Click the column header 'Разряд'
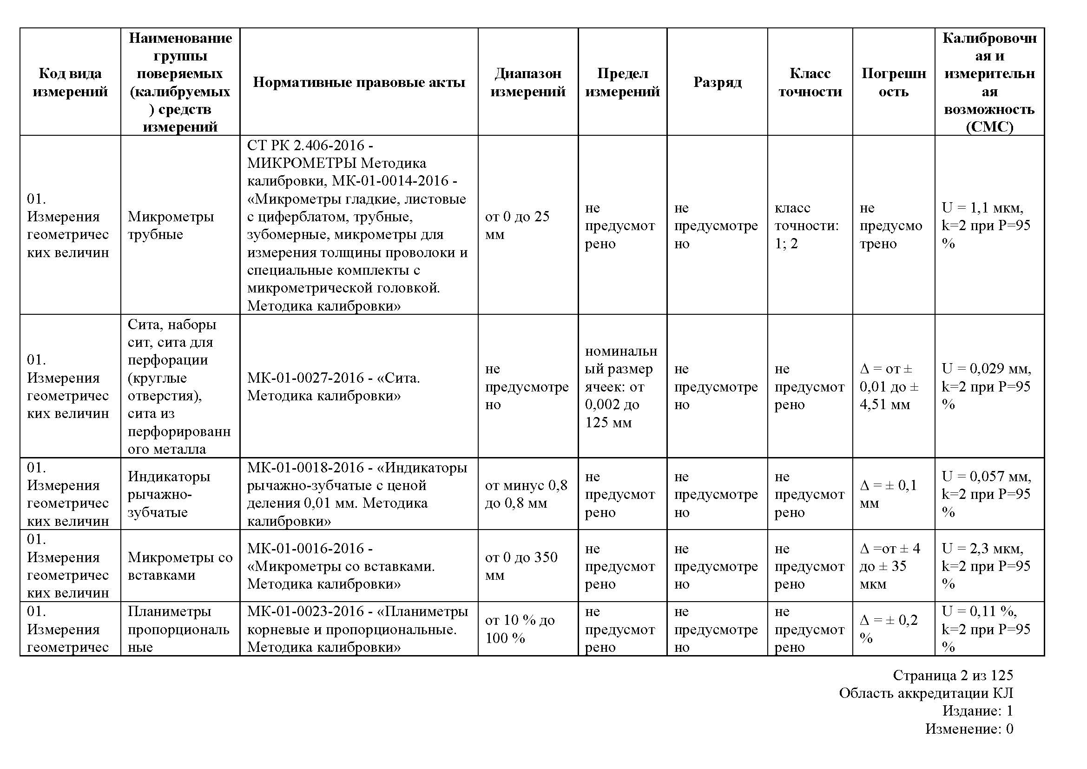(x=717, y=82)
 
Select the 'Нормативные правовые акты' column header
(x=359, y=82)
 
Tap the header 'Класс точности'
(x=810, y=82)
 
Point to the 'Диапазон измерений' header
(x=527, y=82)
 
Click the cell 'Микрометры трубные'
(x=171, y=225)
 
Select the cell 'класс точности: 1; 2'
(x=806, y=225)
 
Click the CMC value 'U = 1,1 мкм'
(x=982, y=208)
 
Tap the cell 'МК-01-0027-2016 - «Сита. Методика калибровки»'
(x=333, y=386)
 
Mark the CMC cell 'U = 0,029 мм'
(x=986, y=369)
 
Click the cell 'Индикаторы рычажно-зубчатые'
(x=169, y=494)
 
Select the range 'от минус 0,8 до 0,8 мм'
(x=526, y=494)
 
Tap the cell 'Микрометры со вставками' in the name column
(x=180, y=566)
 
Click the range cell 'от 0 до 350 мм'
(x=521, y=566)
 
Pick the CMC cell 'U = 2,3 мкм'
(x=982, y=549)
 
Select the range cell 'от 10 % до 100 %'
(x=520, y=629)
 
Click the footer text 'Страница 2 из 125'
(x=953, y=675)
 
